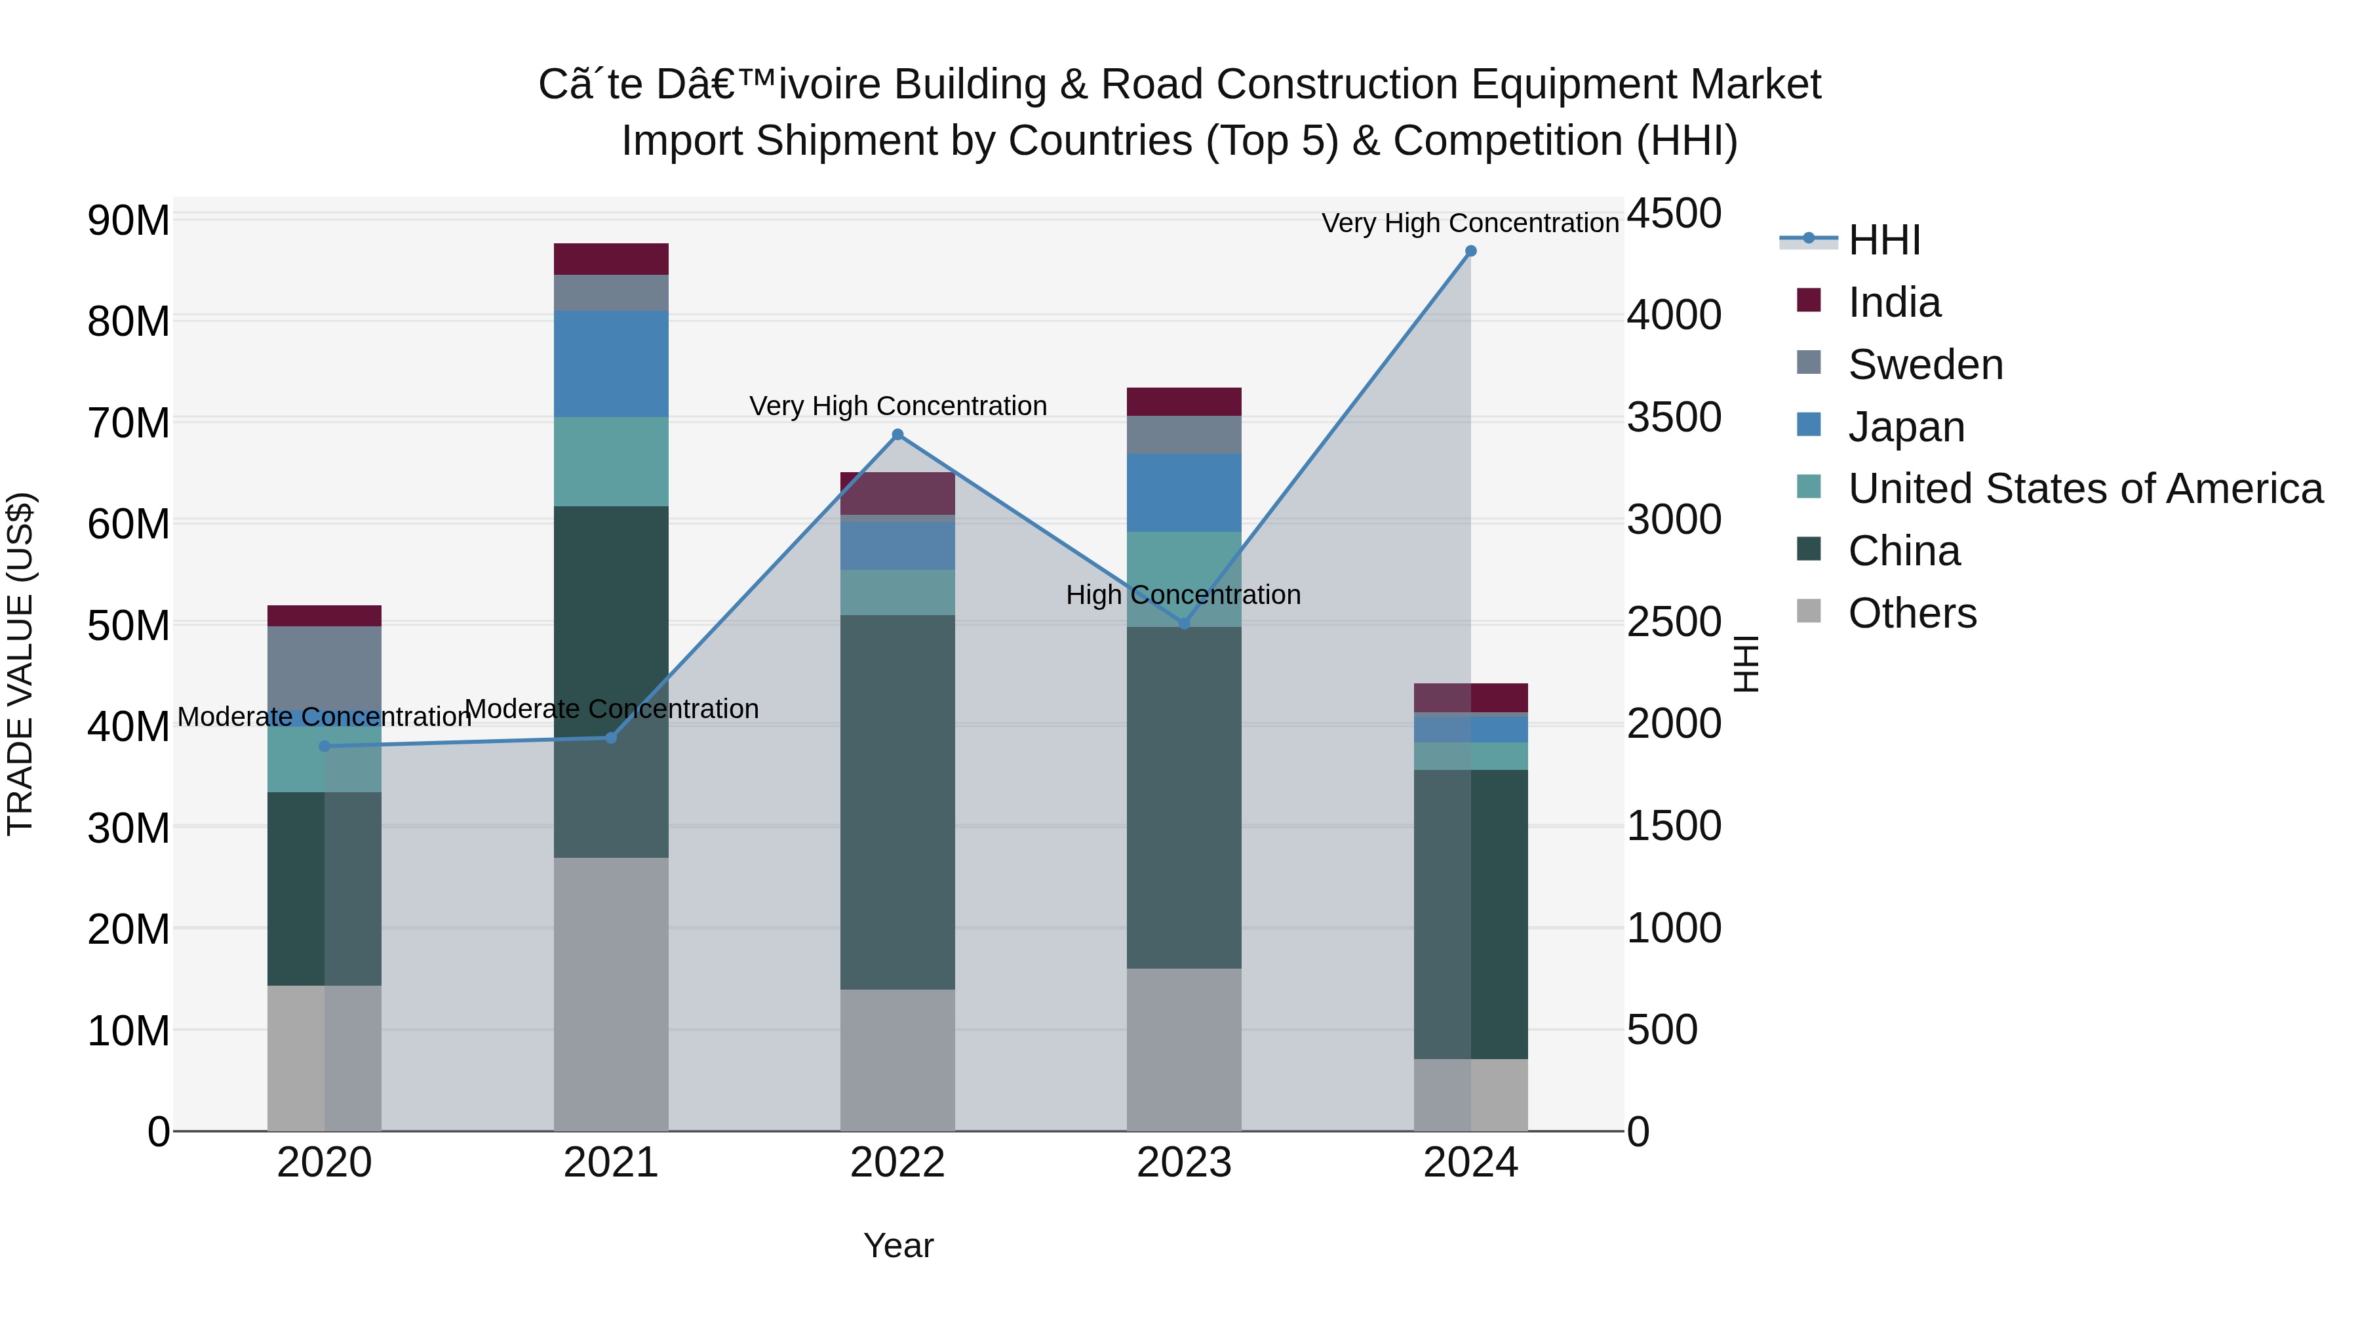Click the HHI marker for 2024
click(x=1470, y=251)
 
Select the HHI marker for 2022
click(x=898, y=434)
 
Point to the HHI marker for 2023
click(x=1184, y=623)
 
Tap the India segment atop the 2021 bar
click(x=611, y=259)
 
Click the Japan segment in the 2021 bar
click(x=611, y=364)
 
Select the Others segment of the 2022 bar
click(x=898, y=1060)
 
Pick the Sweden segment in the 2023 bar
click(x=1184, y=435)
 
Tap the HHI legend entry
click(x=1883, y=240)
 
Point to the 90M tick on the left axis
click(x=128, y=221)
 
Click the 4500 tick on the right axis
click(x=1674, y=214)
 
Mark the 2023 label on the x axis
click(x=1184, y=1163)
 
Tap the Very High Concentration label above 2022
click(x=898, y=406)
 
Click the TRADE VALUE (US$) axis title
click(x=20, y=664)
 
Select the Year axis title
click(x=898, y=1245)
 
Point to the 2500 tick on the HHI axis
click(x=1674, y=622)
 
